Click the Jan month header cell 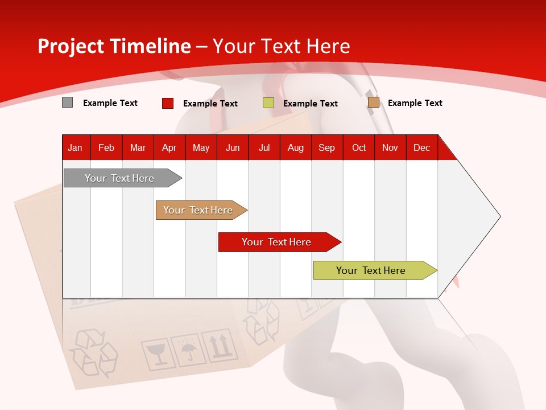click(76, 147)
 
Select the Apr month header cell click(169, 147)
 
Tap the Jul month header click(264, 147)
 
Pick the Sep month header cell click(326, 147)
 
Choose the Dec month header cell click(421, 147)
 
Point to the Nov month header click(390, 147)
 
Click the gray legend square click(68, 102)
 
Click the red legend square click(168, 103)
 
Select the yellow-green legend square click(268, 103)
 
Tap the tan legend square click(373, 102)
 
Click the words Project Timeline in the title click(114, 46)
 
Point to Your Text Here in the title click(282, 46)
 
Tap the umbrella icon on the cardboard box click(187, 349)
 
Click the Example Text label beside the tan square click(415, 103)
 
